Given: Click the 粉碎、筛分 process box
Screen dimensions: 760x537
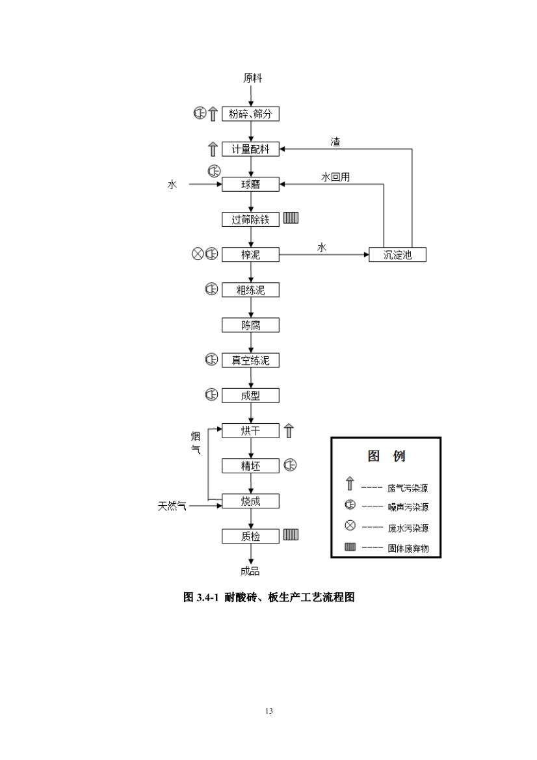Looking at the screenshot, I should (x=250, y=114).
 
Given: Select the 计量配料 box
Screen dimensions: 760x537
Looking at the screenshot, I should (x=250, y=150).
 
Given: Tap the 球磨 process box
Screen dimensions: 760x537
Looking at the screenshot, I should (x=250, y=185).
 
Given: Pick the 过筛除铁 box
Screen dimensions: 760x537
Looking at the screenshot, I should (x=250, y=220).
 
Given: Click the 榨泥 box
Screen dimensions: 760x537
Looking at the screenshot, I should (x=250, y=255).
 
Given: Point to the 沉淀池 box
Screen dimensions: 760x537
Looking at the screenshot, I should (x=398, y=255).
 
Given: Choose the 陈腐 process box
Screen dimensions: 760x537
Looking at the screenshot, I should (x=250, y=325).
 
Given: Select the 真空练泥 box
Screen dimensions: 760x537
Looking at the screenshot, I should (x=250, y=360).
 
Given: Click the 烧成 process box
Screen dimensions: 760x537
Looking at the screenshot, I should (x=250, y=501).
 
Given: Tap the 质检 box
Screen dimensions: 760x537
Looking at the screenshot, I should (x=250, y=536).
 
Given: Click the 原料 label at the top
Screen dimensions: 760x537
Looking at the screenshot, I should (x=252, y=79).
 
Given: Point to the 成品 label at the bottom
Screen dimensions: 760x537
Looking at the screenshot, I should (x=250, y=571).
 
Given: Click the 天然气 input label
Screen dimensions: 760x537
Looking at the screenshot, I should (x=172, y=505).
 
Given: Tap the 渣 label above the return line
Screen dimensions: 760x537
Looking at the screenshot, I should (x=335, y=142).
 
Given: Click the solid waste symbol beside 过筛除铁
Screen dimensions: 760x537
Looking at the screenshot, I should (x=291, y=218).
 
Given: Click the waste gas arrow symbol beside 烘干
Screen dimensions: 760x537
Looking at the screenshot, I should (x=289, y=430).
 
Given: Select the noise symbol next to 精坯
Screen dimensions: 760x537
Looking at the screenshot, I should (x=290, y=465).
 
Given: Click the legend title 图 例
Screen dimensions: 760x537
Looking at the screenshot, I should (x=386, y=456).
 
